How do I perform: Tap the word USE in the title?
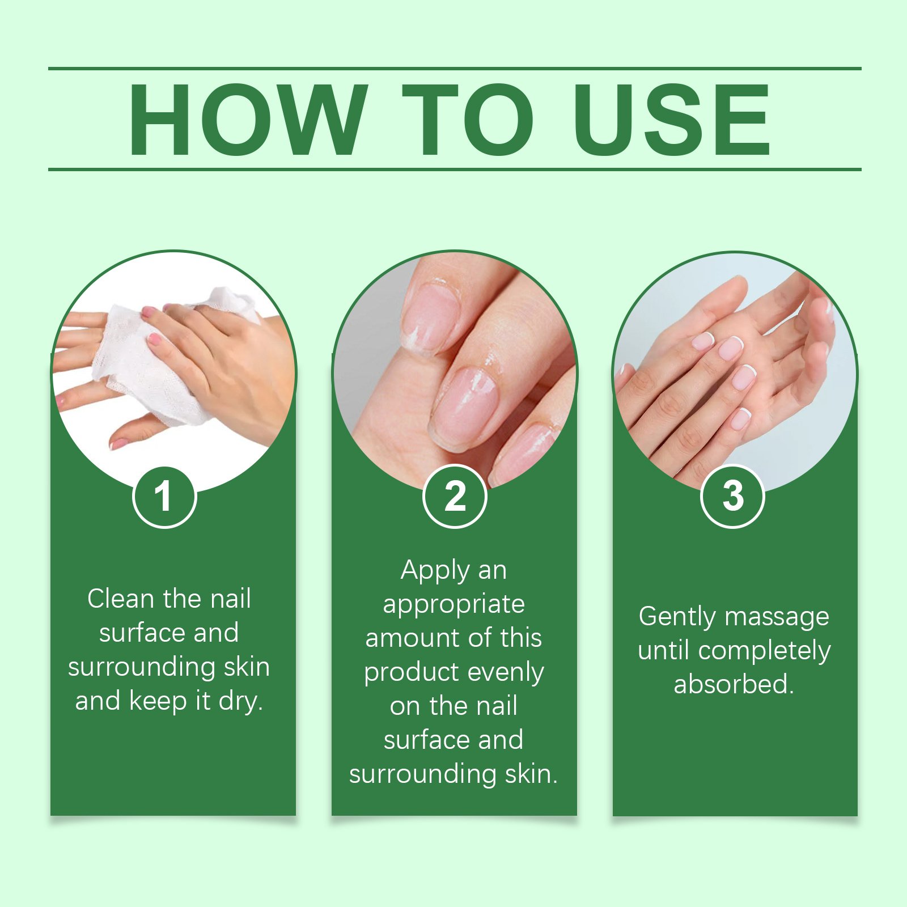672,119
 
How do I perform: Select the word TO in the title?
468,119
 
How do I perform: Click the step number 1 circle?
164,497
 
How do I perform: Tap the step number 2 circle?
455,497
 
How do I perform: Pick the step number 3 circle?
733,497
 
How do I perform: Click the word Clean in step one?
121,599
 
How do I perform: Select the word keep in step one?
158,702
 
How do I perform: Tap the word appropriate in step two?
453,605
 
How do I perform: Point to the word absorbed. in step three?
734,684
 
